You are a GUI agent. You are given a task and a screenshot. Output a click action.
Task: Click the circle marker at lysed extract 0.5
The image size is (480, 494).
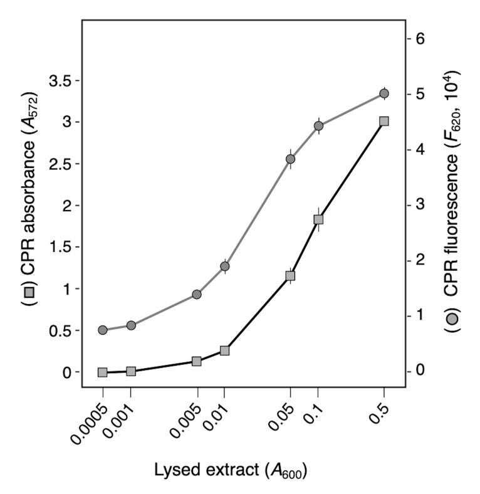[x=384, y=93]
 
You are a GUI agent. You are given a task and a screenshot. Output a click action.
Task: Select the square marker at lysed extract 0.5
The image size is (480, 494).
[x=384, y=121]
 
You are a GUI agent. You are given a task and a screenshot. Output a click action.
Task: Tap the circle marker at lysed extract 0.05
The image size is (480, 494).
[x=290, y=159]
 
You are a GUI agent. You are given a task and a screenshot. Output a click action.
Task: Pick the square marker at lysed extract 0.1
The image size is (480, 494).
[x=318, y=219]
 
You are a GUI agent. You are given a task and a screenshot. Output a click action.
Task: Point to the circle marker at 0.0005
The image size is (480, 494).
[x=103, y=330]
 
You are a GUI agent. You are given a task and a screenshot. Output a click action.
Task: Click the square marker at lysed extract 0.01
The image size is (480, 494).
[x=225, y=350]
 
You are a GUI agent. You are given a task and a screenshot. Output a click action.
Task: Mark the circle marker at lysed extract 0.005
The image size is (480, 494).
[x=197, y=294]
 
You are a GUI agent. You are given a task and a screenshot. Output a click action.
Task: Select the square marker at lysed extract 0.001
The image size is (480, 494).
[x=131, y=371]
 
